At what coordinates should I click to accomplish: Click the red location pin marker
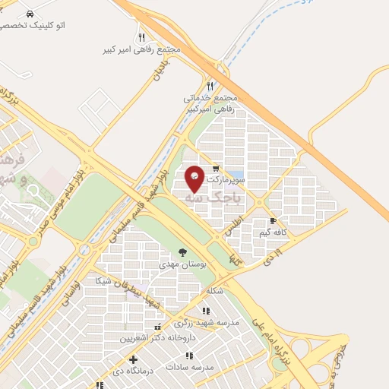195,177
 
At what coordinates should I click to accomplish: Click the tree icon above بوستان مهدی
182,252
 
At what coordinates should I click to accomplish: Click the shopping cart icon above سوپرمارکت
217,169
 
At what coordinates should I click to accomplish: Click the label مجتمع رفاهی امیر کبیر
142,49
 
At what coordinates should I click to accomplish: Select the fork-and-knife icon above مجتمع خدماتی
210,86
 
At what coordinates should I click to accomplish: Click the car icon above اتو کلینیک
29,14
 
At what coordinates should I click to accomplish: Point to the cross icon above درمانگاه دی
134,359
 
